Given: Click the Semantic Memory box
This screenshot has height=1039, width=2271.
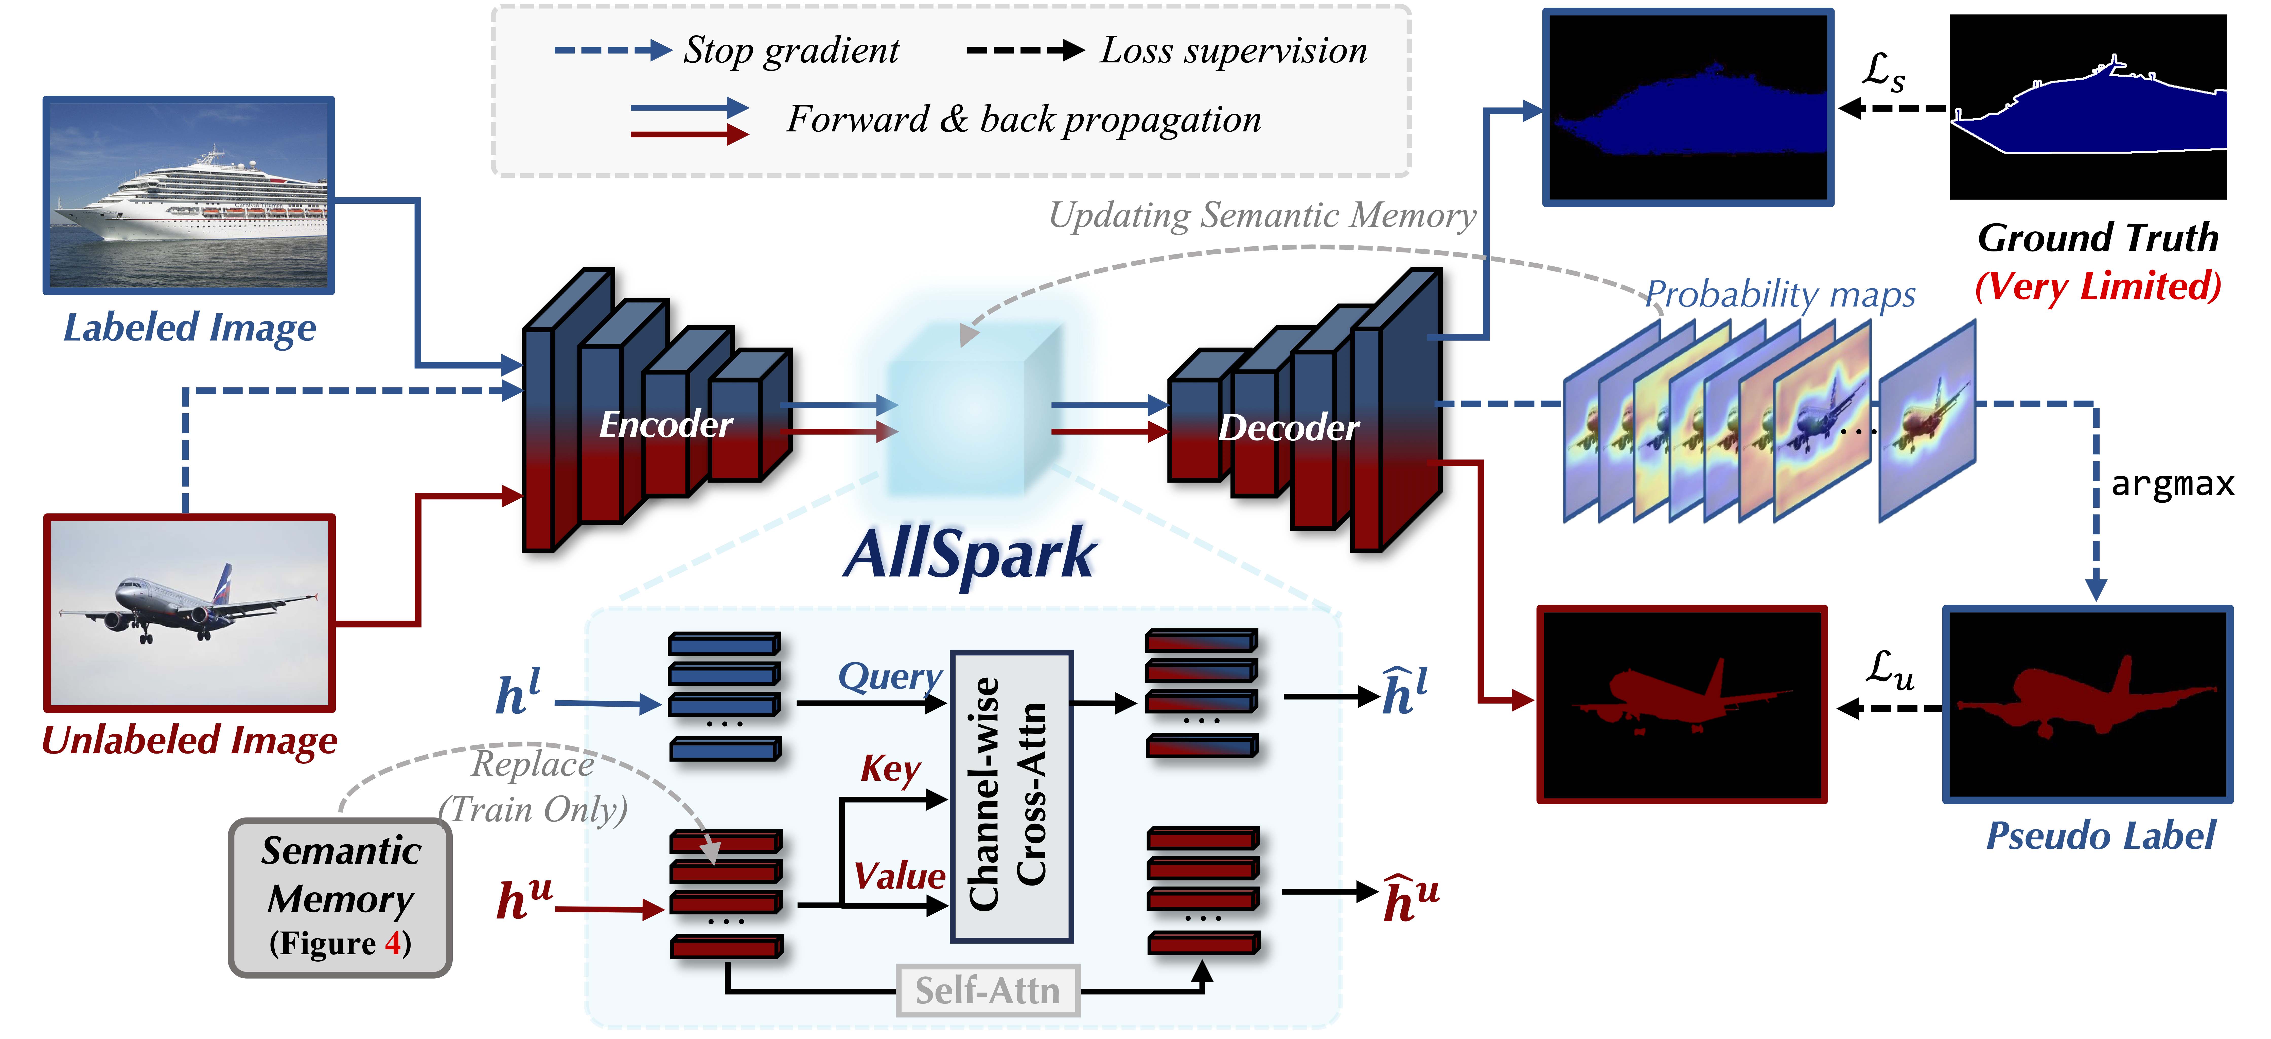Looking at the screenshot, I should (x=340, y=897).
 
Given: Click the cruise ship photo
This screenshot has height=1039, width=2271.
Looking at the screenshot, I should (x=189, y=196).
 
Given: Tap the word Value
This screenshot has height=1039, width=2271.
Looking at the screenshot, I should (x=899, y=876).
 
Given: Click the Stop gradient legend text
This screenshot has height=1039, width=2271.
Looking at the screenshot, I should (x=791, y=50).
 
